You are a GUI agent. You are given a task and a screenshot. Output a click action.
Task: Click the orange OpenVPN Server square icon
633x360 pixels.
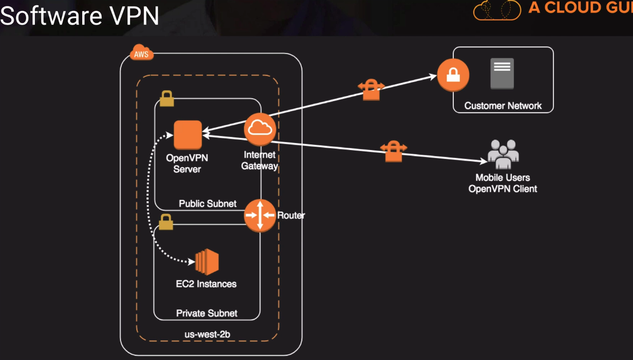187,135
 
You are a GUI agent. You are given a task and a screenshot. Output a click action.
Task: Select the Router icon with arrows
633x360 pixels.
260,215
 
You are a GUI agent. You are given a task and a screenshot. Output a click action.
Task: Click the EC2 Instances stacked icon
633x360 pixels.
207,262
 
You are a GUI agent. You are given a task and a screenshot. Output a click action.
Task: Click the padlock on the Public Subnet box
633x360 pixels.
166,98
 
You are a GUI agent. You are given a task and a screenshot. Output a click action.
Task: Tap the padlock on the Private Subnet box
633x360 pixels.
165,222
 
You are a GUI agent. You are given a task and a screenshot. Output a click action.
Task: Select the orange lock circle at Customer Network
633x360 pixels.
453,75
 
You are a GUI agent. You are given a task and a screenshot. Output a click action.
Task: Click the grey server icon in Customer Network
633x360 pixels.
502,73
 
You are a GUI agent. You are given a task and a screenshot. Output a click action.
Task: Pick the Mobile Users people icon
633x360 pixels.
503,154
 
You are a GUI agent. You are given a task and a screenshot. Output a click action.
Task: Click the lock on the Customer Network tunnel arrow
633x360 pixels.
371,90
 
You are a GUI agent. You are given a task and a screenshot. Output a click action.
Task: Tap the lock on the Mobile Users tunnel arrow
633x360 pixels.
393,151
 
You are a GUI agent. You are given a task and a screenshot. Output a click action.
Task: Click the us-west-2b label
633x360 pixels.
207,334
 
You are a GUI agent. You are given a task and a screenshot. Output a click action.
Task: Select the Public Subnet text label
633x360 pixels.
207,204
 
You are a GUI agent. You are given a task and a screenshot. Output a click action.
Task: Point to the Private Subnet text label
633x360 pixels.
207,314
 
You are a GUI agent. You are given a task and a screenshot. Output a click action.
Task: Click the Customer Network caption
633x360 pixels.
503,106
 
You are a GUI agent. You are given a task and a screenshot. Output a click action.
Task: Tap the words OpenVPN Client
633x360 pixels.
502,189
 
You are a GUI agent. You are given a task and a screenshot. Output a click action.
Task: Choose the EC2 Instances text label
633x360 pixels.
206,284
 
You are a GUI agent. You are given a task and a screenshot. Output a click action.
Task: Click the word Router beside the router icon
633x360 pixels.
291,215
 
